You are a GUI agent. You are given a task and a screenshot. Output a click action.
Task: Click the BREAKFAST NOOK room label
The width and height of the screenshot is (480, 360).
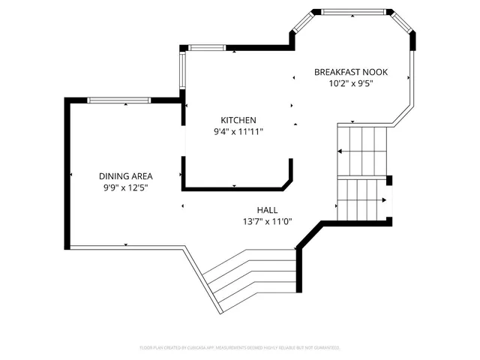(x=350, y=72)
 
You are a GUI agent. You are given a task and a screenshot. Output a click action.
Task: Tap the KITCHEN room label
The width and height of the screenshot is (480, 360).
(x=238, y=120)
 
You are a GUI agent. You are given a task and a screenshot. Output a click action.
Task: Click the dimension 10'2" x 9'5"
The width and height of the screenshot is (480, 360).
(x=350, y=83)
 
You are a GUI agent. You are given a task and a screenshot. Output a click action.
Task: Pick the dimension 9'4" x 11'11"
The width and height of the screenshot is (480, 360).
(x=238, y=131)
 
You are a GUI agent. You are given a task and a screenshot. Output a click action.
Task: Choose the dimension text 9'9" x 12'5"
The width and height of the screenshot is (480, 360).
(x=125, y=187)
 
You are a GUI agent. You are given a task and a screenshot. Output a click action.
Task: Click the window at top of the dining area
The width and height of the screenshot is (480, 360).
(x=120, y=100)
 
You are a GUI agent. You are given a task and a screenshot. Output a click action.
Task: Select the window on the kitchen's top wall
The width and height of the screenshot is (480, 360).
(x=206, y=48)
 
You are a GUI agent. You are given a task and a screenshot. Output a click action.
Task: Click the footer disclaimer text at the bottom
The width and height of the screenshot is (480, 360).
(x=240, y=348)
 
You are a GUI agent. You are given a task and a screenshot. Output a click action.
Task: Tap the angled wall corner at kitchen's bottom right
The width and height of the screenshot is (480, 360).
(x=287, y=180)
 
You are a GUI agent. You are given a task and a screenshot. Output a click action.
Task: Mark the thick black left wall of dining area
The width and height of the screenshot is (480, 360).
(x=67, y=174)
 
